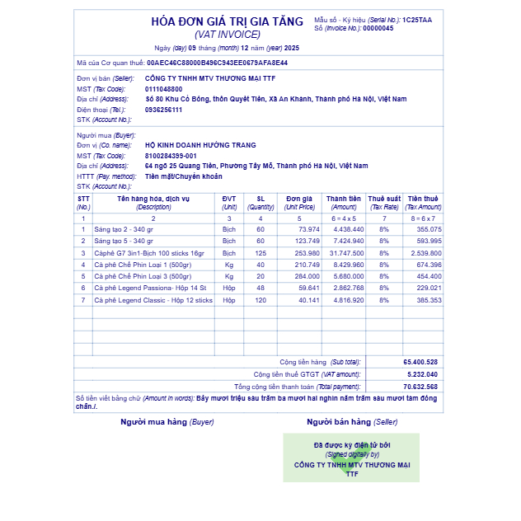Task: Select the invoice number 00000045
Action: coord(378,28)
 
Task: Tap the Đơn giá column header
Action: coord(300,199)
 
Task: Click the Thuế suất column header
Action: coord(384,199)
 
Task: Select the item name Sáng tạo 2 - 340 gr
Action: coord(124,229)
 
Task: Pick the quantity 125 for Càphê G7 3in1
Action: coord(260,253)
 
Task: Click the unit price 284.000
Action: coord(307,276)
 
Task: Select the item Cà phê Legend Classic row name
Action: coord(153,300)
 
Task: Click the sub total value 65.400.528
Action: coord(420,362)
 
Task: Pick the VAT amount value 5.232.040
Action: coord(422,374)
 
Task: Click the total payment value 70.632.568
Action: coord(420,386)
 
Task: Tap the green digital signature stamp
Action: coord(351,458)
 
